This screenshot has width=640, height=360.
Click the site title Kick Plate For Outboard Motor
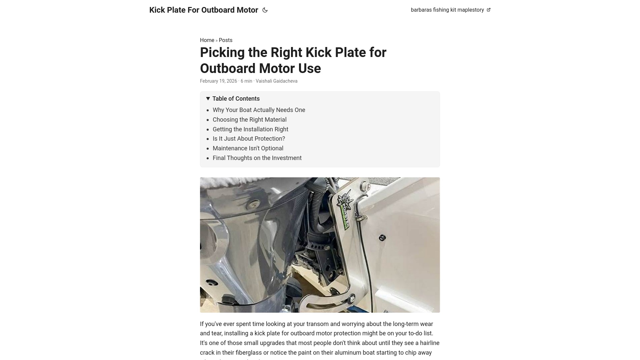[x=203, y=10]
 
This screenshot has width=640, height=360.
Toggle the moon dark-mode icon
[x=265, y=10]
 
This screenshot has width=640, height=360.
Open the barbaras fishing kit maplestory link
[x=447, y=10]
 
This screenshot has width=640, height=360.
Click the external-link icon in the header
[x=489, y=10]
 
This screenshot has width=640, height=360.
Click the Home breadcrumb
[x=207, y=40]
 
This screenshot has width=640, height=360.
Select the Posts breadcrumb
[x=226, y=40]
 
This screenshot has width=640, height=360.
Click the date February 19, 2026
[x=218, y=81]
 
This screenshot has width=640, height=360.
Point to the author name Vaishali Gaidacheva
[x=276, y=81]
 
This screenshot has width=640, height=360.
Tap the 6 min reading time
[x=246, y=81]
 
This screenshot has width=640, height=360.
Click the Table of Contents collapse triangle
[x=208, y=99]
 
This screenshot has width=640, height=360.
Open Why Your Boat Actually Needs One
[x=259, y=110]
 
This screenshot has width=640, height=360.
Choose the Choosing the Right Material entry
[x=249, y=120]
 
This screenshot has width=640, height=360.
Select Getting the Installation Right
[x=250, y=129]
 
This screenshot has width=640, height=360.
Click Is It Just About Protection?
[x=249, y=139]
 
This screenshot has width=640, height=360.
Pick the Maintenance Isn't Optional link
[x=248, y=148]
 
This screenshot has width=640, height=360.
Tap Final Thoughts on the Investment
[x=257, y=158]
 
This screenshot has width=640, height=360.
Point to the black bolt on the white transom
[x=382, y=238]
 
